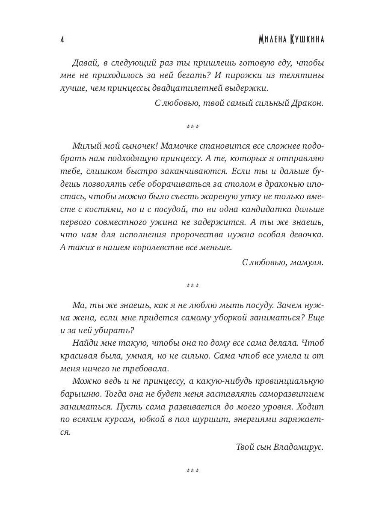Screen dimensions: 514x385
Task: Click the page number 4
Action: click(x=62, y=40)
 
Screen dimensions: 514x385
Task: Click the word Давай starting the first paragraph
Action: click(x=86, y=63)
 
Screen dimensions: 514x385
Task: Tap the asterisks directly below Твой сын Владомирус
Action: click(x=193, y=471)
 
